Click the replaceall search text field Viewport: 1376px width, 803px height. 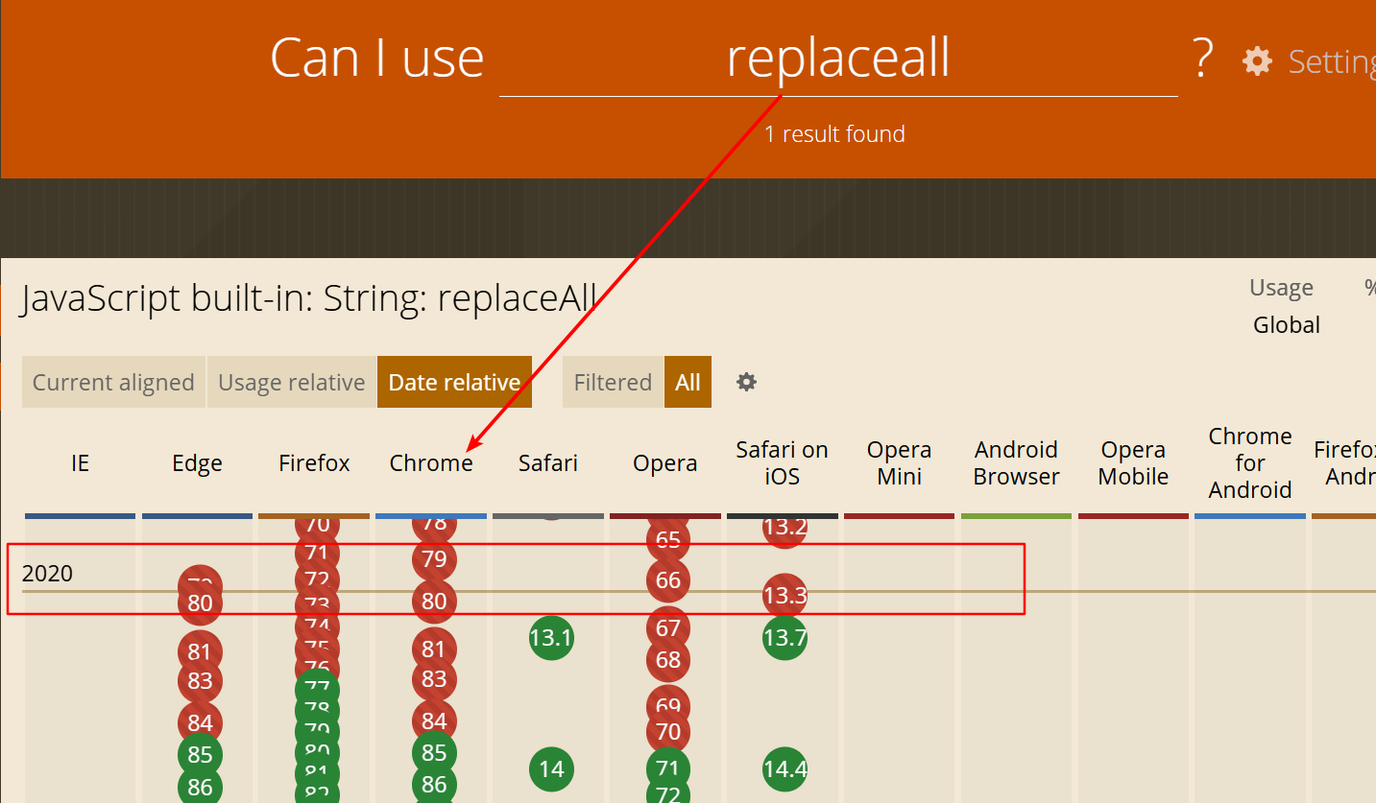[x=837, y=59]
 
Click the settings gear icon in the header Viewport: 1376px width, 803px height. [x=1257, y=61]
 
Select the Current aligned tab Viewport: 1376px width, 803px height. [x=113, y=382]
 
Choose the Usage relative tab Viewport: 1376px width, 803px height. [x=292, y=382]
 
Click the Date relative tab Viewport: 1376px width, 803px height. [x=454, y=382]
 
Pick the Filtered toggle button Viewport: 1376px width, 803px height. [x=613, y=382]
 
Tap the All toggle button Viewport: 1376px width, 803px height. [x=688, y=382]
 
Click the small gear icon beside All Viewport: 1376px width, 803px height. [x=746, y=382]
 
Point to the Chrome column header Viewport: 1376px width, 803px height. [x=431, y=463]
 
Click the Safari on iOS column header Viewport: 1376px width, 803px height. [x=782, y=462]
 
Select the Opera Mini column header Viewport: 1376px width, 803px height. [x=899, y=462]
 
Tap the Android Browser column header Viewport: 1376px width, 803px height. [x=1016, y=462]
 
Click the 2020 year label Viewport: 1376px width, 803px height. [x=47, y=574]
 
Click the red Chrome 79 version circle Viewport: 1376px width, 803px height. [x=434, y=558]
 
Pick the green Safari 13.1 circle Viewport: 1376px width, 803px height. [x=551, y=637]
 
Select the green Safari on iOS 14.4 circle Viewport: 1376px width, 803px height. [x=785, y=768]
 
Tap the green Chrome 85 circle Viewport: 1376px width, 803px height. [x=434, y=753]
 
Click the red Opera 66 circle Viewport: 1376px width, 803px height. [x=668, y=579]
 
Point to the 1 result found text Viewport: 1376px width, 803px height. [x=834, y=134]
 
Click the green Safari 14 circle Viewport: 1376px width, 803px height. [x=551, y=768]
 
